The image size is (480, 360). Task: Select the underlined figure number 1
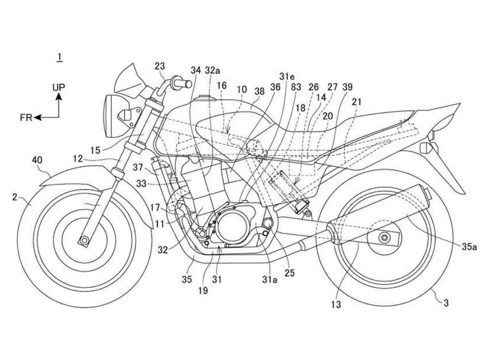point(59,57)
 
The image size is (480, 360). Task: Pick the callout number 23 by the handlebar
point(159,66)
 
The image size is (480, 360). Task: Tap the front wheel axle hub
point(84,240)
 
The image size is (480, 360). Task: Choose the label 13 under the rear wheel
point(336,305)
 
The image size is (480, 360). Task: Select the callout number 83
point(297,87)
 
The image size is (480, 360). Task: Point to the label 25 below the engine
point(289,273)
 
